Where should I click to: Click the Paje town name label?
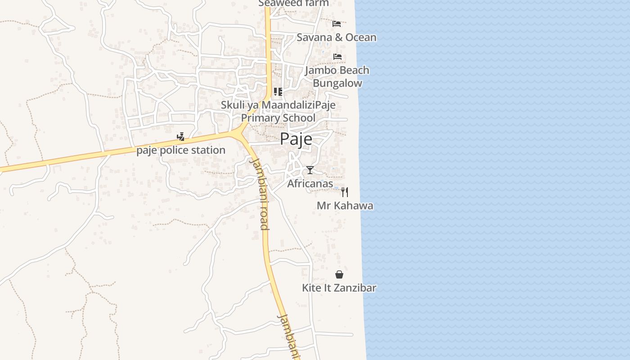click(x=296, y=139)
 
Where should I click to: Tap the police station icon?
click(x=180, y=137)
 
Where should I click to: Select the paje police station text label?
click(x=181, y=150)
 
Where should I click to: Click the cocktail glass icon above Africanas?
click(x=310, y=170)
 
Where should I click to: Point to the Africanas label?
click(x=310, y=184)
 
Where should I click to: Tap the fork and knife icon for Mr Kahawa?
click(x=345, y=192)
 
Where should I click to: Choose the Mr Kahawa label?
click(x=345, y=206)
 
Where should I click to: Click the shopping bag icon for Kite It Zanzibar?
click(x=339, y=274)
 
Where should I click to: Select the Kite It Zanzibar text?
click(x=339, y=288)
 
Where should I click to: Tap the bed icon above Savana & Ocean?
click(x=337, y=24)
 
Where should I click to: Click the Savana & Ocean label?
click(x=336, y=37)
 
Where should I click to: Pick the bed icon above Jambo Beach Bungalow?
click(x=337, y=57)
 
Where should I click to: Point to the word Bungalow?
click(x=337, y=83)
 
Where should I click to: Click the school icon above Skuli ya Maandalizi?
click(x=278, y=92)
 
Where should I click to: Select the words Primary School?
click(x=278, y=118)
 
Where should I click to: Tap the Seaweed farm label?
click(x=293, y=4)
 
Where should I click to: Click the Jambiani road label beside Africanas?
click(x=260, y=193)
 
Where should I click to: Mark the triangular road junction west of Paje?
click(x=239, y=133)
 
